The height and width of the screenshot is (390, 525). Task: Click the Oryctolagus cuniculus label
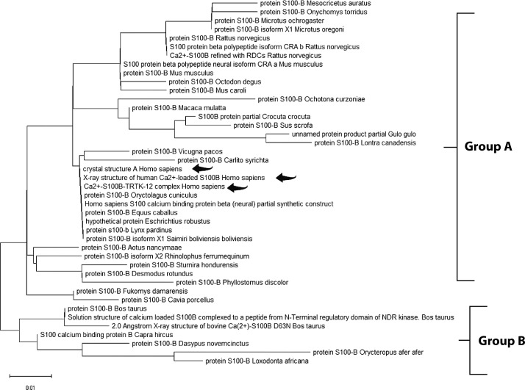136,195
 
